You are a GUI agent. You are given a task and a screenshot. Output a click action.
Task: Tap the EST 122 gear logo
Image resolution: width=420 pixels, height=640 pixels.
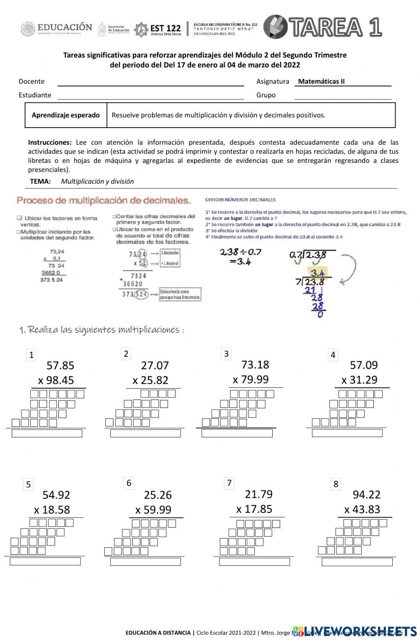[x=141, y=29]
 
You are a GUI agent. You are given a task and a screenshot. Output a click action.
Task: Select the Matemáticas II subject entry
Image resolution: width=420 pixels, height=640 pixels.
[x=321, y=81]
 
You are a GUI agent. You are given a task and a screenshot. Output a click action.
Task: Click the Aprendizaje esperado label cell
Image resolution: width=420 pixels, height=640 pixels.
[x=66, y=115]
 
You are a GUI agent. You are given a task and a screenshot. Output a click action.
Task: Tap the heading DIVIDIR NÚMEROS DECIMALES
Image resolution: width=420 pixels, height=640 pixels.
[x=240, y=199]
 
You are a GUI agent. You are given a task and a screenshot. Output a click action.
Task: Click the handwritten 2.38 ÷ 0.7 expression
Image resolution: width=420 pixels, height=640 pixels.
[x=241, y=252]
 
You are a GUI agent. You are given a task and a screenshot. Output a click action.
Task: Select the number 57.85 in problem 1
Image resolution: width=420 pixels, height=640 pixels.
[x=60, y=365]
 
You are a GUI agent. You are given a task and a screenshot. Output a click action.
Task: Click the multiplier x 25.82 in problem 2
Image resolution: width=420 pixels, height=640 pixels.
[x=150, y=380]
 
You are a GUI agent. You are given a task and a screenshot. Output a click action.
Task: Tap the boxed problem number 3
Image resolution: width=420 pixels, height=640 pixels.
[x=226, y=354]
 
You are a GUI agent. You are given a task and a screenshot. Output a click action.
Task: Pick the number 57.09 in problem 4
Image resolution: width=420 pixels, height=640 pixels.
[x=364, y=365]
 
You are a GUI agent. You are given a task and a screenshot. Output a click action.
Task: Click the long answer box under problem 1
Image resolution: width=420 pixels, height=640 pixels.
[x=47, y=434]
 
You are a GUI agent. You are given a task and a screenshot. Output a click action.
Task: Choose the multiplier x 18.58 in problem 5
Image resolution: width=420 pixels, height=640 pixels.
[x=52, y=510]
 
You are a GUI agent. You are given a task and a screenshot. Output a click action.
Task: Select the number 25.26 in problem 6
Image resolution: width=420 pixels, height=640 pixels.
[x=158, y=495]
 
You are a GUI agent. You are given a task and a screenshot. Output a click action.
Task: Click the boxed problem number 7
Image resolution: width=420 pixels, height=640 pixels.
[x=229, y=483]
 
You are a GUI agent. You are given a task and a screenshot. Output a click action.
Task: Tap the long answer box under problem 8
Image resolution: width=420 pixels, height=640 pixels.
[x=357, y=562]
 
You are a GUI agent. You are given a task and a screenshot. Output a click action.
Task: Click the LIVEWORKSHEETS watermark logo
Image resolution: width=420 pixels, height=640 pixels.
[x=355, y=631]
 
